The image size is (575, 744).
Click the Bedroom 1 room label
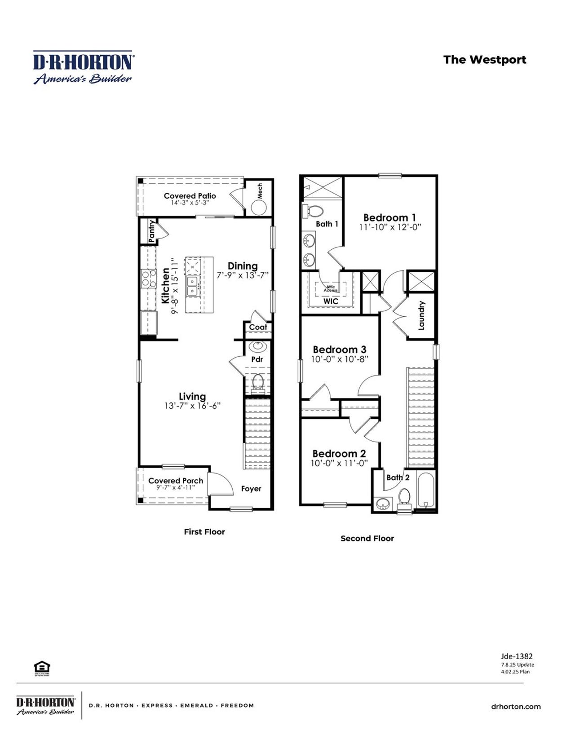pos(389,217)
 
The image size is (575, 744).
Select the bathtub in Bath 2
pos(425,491)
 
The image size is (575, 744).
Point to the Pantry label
pos(152,231)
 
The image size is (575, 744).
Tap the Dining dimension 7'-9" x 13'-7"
pos(243,275)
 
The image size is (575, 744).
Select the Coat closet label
pos(258,327)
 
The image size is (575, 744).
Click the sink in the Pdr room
pos(257,346)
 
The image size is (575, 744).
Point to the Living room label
pos(192,396)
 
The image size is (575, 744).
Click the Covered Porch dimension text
pos(176,487)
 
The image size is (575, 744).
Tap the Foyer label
pos(251,488)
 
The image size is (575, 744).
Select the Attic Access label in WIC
pos(331,288)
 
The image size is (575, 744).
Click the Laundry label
pos(421,315)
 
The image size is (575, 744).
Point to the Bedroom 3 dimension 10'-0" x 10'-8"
pos(340,359)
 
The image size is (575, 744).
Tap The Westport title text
pos(484,60)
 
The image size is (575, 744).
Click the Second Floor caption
pos(367,538)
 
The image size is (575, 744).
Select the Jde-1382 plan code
pos(517,656)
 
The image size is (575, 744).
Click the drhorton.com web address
pos(516,707)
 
